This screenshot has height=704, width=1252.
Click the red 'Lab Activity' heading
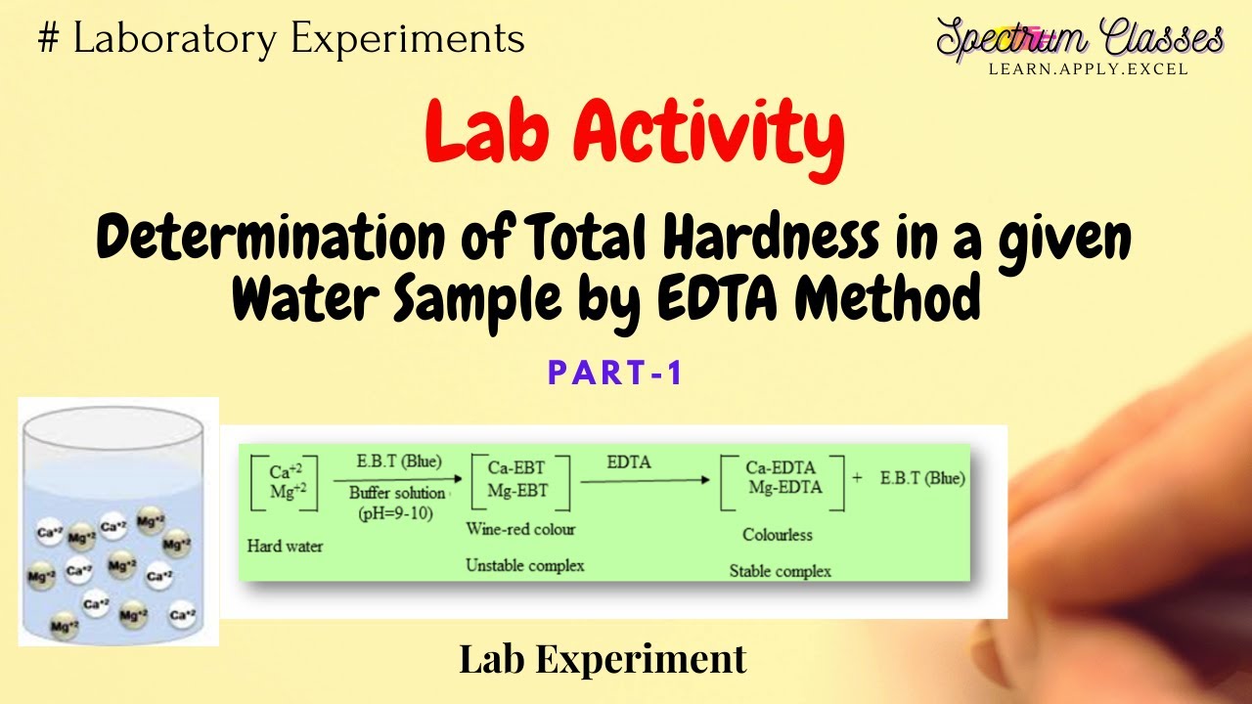point(635,137)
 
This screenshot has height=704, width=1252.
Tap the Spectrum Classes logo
point(1079,40)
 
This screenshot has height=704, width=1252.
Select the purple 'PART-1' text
point(614,373)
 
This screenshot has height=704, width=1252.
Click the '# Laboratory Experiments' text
point(281,38)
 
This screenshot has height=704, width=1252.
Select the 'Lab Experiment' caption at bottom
point(603,659)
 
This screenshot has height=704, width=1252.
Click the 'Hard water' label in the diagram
point(285,546)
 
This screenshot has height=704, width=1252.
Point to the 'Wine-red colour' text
point(520,529)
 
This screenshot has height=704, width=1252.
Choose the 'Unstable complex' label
point(524,565)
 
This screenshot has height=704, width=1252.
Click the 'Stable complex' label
point(780,571)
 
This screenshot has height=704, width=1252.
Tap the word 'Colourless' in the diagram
point(778,535)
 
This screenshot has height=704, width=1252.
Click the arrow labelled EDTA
point(646,480)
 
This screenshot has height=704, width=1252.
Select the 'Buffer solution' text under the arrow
point(397,493)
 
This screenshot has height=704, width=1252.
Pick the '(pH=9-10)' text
point(396,512)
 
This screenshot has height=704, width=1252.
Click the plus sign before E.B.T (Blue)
point(858,479)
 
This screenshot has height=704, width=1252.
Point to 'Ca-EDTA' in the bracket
point(781,467)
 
